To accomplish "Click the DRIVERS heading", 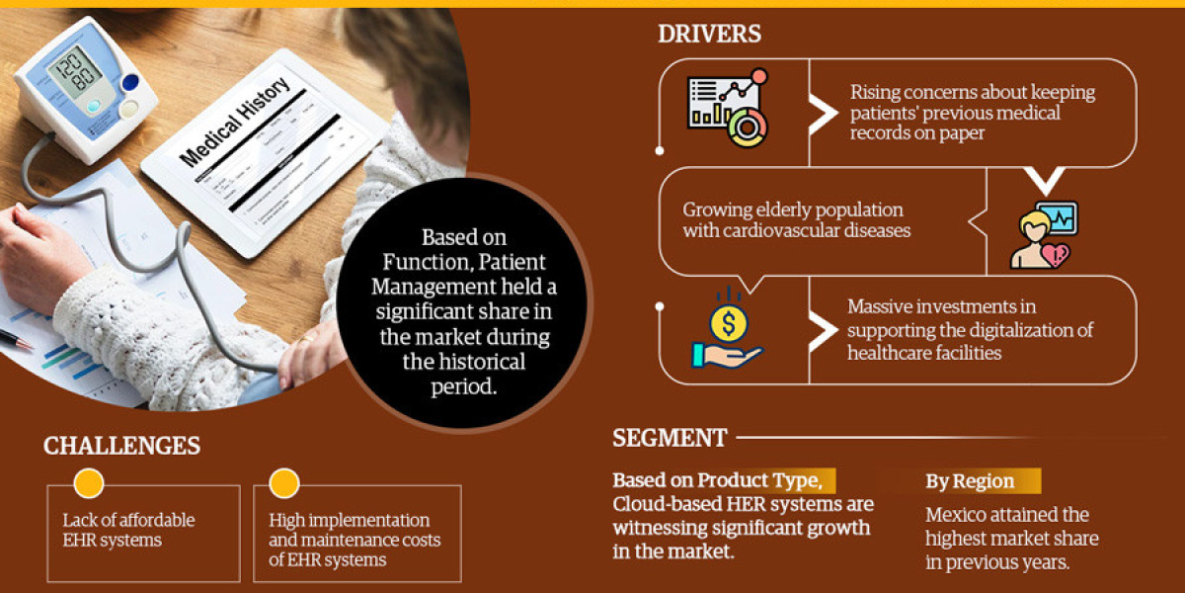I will (709, 34).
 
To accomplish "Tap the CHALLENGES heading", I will (121, 446).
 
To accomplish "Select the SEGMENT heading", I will (670, 438).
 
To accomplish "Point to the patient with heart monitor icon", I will (1042, 236).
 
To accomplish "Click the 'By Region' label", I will (970, 481).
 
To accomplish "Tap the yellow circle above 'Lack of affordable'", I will (89, 482).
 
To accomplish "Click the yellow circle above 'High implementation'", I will (284, 482).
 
